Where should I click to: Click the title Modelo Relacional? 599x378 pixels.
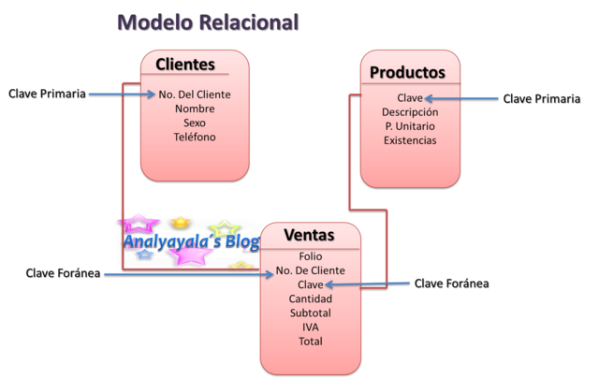pyautogui.click(x=207, y=22)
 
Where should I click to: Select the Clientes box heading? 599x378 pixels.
pyautogui.click(x=185, y=65)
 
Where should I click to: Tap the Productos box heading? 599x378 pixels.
pyautogui.click(x=407, y=72)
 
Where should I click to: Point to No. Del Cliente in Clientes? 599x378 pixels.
pyautogui.click(x=195, y=94)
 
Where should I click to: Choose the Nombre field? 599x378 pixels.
pyautogui.click(x=195, y=109)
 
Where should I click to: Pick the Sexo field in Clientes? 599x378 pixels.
pyautogui.click(x=195, y=123)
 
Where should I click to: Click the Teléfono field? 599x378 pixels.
pyautogui.click(x=195, y=137)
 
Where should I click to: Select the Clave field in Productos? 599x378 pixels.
pyautogui.click(x=410, y=97)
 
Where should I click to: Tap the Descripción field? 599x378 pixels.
pyautogui.click(x=410, y=112)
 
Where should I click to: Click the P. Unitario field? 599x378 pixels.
pyautogui.click(x=410, y=126)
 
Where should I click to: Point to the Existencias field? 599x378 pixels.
pyautogui.click(x=410, y=140)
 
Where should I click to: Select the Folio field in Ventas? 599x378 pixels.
pyautogui.click(x=310, y=256)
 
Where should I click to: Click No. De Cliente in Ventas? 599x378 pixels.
pyautogui.click(x=310, y=270)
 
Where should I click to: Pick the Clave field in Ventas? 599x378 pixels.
pyautogui.click(x=310, y=284)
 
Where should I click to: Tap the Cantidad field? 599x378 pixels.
pyautogui.click(x=310, y=298)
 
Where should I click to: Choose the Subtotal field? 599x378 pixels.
pyautogui.click(x=310, y=313)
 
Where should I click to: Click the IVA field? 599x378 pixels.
pyautogui.click(x=310, y=327)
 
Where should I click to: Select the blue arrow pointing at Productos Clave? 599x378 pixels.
pyautogui.click(x=463, y=97)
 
